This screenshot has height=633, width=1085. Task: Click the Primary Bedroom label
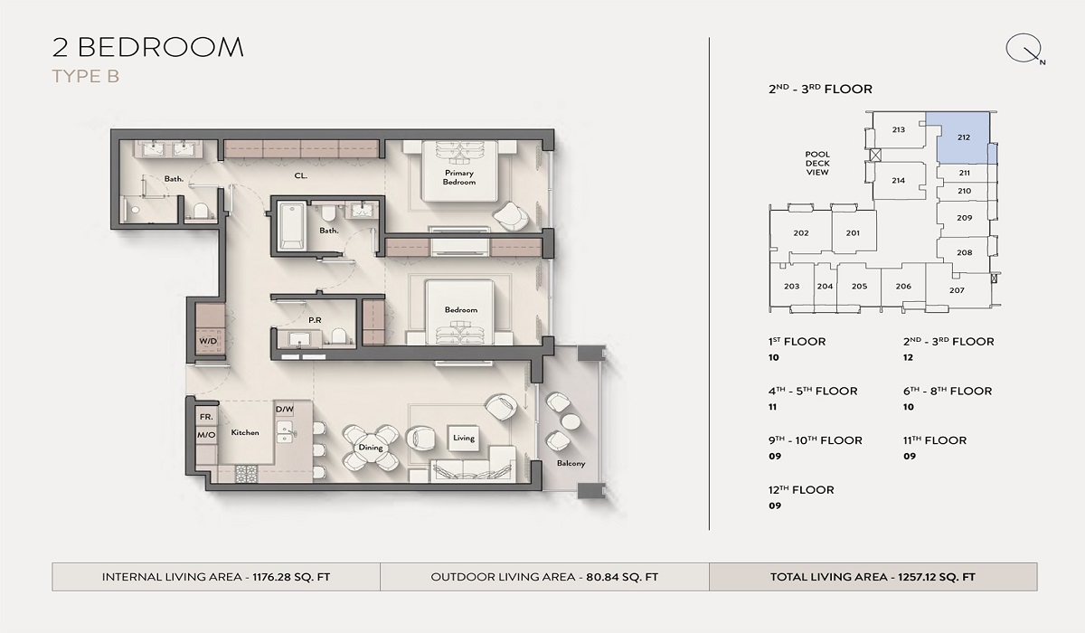pyautogui.click(x=459, y=177)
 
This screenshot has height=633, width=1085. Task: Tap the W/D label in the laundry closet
pyautogui.click(x=207, y=341)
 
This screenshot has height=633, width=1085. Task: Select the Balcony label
pyautogui.click(x=571, y=464)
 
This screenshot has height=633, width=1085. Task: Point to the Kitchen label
pyautogui.click(x=244, y=433)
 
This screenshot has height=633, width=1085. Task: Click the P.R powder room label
pyautogui.click(x=316, y=319)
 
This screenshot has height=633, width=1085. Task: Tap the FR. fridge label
pyautogui.click(x=205, y=417)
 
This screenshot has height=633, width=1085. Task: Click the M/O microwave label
pyautogui.click(x=205, y=435)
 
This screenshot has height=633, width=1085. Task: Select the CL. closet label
pyautogui.click(x=301, y=176)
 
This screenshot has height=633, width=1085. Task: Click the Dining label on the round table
pyautogui.click(x=371, y=448)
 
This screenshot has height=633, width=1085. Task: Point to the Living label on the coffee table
pyautogui.click(x=463, y=439)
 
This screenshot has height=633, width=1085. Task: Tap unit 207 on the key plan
pyautogui.click(x=957, y=290)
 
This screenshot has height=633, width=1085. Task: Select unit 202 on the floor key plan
pyautogui.click(x=800, y=233)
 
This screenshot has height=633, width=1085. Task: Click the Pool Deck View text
pyautogui.click(x=817, y=163)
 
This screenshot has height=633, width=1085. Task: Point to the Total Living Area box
pyautogui.click(x=873, y=577)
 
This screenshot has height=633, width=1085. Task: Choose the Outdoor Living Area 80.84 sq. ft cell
pyautogui.click(x=544, y=577)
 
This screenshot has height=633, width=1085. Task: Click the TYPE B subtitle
pyautogui.click(x=86, y=77)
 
